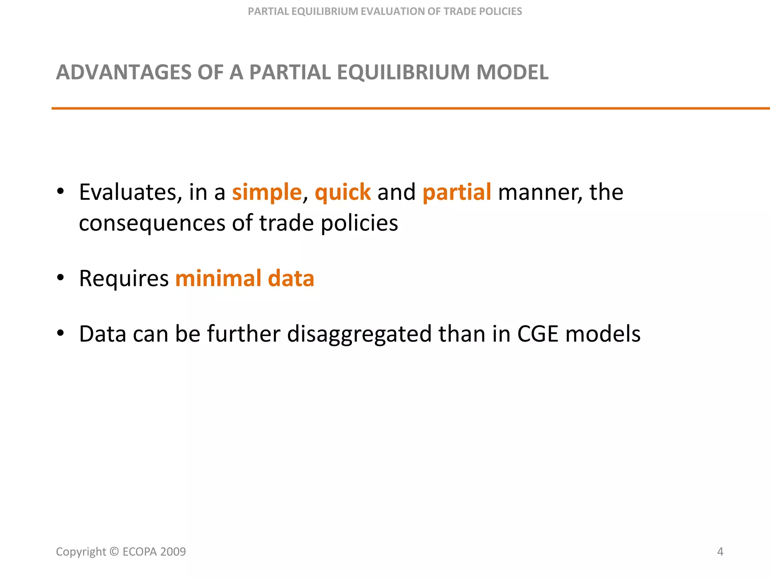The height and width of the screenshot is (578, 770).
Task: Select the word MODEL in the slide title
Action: (512, 72)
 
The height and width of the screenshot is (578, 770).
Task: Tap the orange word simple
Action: (267, 192)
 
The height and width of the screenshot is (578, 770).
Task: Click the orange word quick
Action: (343, 192)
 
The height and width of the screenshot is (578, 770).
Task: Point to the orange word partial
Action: (456, 192)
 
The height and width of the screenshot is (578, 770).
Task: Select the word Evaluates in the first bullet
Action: (128, 192)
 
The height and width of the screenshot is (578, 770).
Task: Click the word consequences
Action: (152, 223)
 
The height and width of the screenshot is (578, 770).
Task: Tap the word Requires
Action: (124, 279)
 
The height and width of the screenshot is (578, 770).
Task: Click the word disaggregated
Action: (359, 334)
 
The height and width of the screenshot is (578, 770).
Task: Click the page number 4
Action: (720, 552)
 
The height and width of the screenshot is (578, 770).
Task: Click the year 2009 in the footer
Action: (173, 552)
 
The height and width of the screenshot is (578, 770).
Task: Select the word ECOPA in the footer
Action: (139, 552)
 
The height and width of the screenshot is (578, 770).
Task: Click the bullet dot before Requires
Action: (61, 278)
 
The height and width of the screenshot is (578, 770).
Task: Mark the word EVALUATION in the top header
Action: (400, 12)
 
